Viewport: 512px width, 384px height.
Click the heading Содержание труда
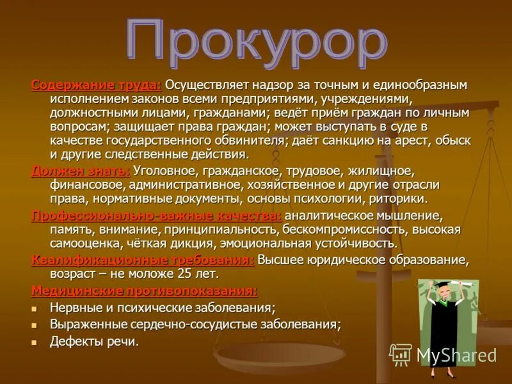(97, 85)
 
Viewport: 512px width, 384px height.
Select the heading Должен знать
(81, 171)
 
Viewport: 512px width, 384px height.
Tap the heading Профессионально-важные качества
(156, 216)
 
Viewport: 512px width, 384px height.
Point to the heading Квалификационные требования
(143, 259)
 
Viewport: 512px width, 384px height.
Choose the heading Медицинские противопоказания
(144, 291)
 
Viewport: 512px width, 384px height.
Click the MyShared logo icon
(401, 355)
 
